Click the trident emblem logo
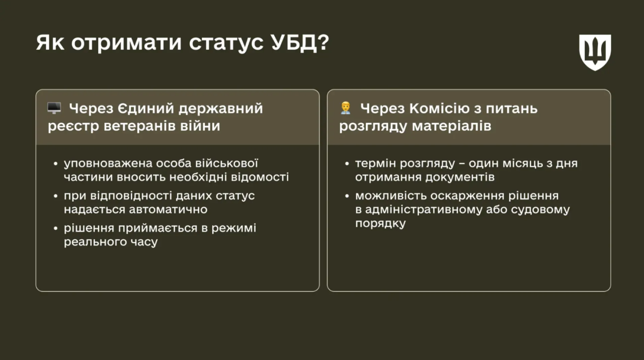point(595,52)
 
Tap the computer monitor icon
point(54,108)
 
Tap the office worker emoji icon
point(345,108)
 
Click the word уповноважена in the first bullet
point(104,163)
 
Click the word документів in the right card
point(459,177)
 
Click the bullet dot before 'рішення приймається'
point(55,228)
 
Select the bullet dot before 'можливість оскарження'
point(347,196)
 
